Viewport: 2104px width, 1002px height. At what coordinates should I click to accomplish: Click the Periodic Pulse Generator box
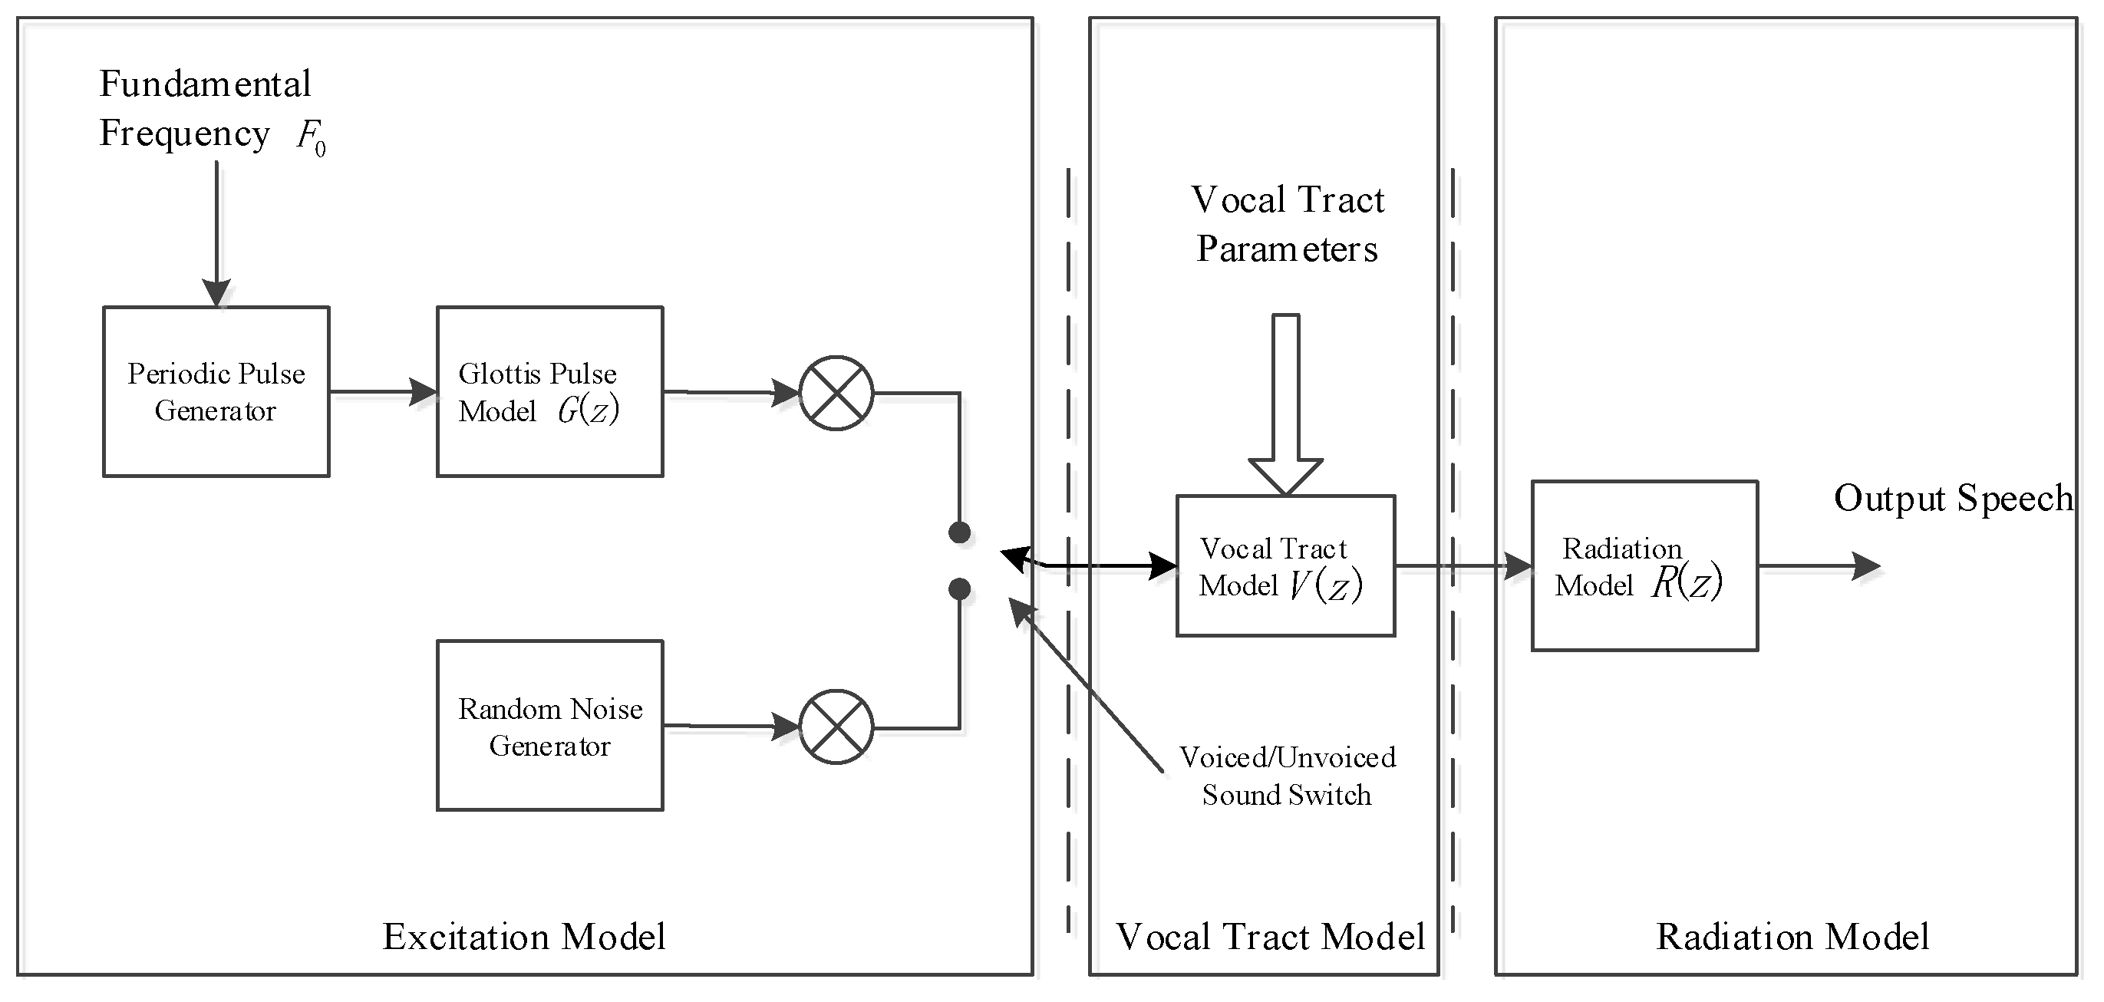(216, 392)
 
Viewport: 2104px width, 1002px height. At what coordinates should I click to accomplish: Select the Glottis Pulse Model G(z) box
(549, 392)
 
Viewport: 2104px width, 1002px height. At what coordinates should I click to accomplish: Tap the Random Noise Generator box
(549, 726)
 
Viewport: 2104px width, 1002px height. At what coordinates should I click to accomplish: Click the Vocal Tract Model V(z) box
(1284, 566)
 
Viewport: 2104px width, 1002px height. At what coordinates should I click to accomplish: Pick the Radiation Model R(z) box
(1644, 566)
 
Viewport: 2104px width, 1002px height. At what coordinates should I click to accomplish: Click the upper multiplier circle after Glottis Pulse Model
(836, 394)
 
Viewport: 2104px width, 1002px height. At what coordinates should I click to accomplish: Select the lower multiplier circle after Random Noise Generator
(836, 727)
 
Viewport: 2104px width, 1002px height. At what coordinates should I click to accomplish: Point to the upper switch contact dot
(959, 533)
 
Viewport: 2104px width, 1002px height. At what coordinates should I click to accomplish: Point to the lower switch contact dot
(959, 588)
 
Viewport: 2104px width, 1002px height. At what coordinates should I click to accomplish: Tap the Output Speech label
(1952, 499)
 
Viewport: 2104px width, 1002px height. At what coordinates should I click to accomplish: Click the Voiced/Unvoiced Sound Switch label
(1286, 776)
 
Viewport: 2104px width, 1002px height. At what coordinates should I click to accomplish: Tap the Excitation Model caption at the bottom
(523, 937)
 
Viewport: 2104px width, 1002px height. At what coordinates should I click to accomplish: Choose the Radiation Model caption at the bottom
(1792, 937)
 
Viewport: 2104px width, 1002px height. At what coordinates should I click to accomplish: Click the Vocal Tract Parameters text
(1288, 224)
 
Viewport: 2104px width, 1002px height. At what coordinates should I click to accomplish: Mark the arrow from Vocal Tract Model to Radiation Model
(1462, 565)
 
